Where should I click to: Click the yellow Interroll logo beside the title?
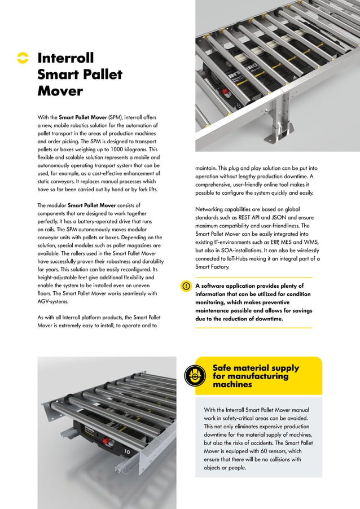(x=22, y=59)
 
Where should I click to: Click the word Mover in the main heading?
(x=60, y=91)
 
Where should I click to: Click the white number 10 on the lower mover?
(x=128, y=452)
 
